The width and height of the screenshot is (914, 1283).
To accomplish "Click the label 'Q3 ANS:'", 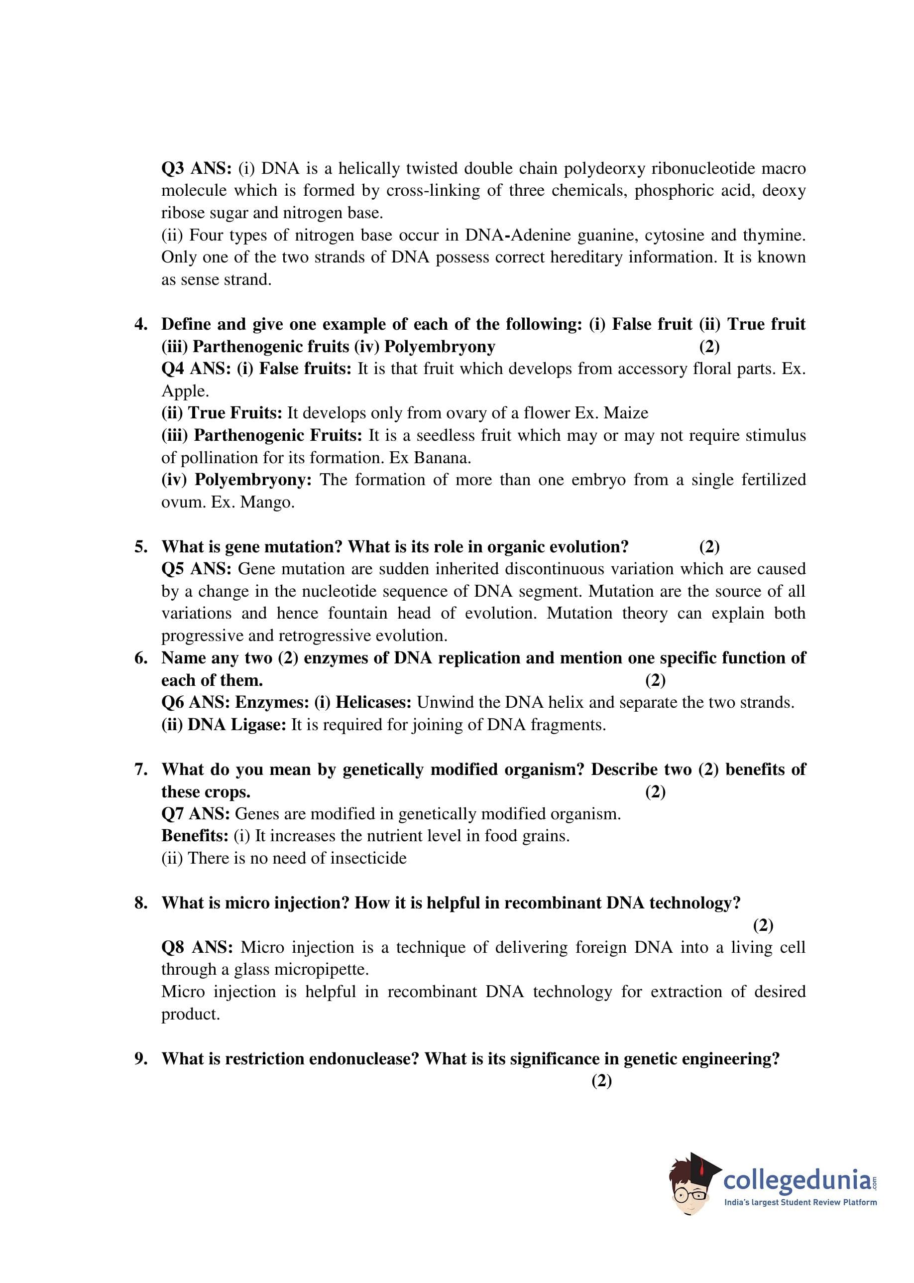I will coord(196,168).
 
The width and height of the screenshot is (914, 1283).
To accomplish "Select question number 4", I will coord(141,324).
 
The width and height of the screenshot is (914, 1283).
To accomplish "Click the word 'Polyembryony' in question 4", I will coord(440,346).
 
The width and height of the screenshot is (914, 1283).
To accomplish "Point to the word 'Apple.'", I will coord(185,390).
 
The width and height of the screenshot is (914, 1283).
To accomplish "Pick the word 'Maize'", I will coord(626,413).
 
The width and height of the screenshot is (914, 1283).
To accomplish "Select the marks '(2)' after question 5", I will coord(709,547).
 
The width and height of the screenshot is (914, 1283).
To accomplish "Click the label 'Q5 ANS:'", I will coord(196,569).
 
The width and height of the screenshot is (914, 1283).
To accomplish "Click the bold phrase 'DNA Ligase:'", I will coord(237,725).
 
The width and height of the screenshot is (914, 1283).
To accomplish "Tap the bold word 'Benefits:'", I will coord(195,836).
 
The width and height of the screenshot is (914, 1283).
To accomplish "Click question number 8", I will coord(141,903).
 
